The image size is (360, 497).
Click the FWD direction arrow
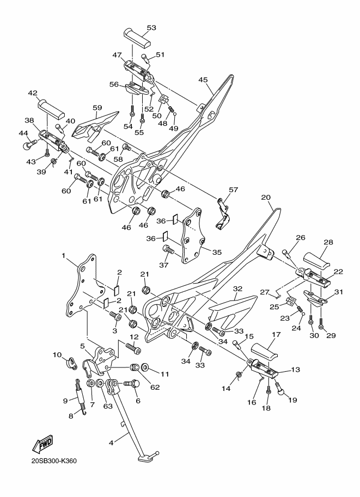[42, 443]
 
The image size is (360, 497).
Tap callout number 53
[151, 28]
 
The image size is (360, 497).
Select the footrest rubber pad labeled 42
[51, 108]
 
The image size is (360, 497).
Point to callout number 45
[203, 79]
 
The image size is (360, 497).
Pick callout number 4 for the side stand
[111, 443]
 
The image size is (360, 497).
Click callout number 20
[266, 197]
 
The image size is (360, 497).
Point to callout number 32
[237, 289]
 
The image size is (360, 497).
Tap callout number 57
[234, 190]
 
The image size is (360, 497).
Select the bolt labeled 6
[132, 384]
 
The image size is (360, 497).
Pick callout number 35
[217, 252]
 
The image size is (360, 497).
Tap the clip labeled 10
[72, 363]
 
